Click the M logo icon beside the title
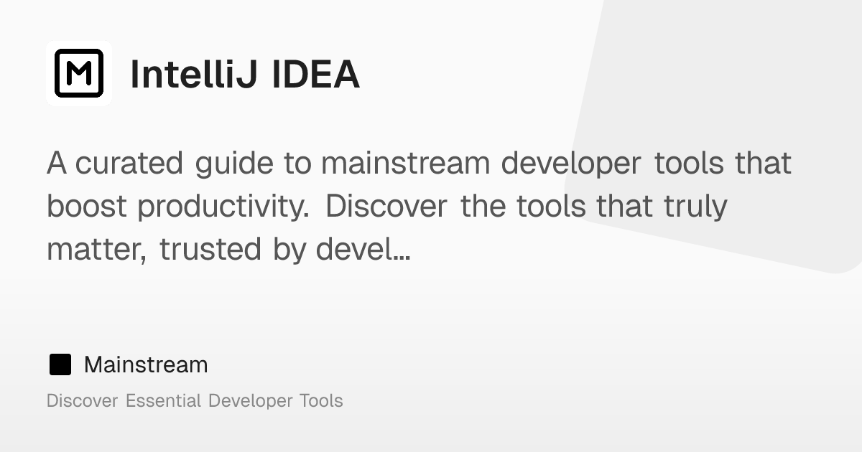pyautogui.click(x=79, y=73)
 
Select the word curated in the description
pyautogui.click(x=129, y=164)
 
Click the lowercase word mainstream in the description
pyautogui.click(x=405, y=164)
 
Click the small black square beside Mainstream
pyautogui.click(x=60, y=365)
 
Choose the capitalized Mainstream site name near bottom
pyautogui.click(x=146, y=365)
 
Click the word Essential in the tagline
pyautogui.click(x=163, y=400)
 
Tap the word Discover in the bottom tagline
pyautogui.click(x=82, y=400)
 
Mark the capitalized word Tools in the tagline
pyautogui.click(x=321, y=400)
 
